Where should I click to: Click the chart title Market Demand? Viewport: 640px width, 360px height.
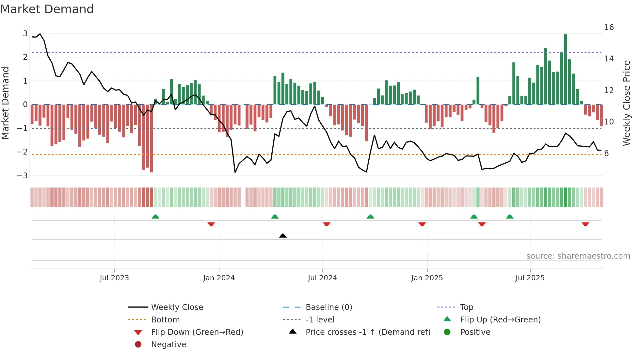pyautogui.click(x=47, y=9)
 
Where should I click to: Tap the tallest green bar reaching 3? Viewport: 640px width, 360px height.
pyautogui.click(x=566, y=69)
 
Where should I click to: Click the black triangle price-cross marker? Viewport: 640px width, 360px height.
pyautogui.click(x=283, y=236)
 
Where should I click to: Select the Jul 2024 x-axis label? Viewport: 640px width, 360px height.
pyautogui.click(x=322, y=278)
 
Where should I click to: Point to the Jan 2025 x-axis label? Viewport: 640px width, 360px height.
pyautogui.click(x=427, y=278)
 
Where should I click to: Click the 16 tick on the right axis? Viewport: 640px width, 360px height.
pyautogui.click(x=609, y=27)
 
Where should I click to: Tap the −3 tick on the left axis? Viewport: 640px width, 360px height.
pyautogui.click(x=23, y=176)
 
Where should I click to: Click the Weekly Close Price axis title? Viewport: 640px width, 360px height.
pyautogui.click(x=626, y=103)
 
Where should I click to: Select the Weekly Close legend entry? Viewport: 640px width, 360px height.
pyautogui.click(x=177, y=307)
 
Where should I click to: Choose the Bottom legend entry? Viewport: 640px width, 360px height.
pyautogui.click(x=165, y=320)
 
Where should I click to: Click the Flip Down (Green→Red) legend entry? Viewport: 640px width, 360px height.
pyautogui.click(x=197, y=332)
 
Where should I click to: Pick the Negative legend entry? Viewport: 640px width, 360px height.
pyautogui.click(x=168, y=345)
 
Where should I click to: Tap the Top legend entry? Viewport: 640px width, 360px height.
pyautogui.click(x=466, y=307)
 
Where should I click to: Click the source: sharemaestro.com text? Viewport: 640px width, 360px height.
pyautogui.click(x=578, y=256)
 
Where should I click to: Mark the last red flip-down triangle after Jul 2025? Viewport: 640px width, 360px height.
pyautogui.click(x=585, y=224)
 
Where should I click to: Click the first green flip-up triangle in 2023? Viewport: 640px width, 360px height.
pyautogui.click(x=155, y=217)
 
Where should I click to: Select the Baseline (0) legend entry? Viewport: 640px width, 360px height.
pyautogui.click(x=328, y=307)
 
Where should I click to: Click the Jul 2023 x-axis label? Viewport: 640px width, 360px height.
pyautogui.click(x=114, y=278)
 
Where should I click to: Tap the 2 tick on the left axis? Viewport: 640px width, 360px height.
pyautogui.click(x=25, y=57)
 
